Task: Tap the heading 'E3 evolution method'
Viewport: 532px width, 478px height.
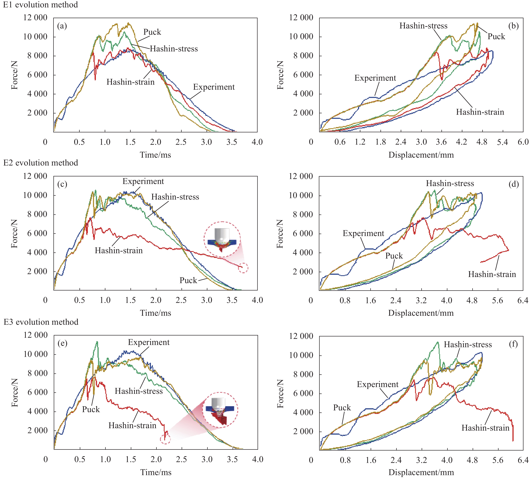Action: pos(41,322)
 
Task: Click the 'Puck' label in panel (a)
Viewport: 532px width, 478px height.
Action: pos(152,32)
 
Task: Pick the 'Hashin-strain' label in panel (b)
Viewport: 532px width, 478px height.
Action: pos(480,112)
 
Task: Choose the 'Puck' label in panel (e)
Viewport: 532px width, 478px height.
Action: pos(91,409)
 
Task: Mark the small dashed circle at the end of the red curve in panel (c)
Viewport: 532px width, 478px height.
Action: pos(243,268)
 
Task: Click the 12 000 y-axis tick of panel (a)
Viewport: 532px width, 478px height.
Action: pos(35,18)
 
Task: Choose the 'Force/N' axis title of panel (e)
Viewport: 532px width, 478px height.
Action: pos(15,393)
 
